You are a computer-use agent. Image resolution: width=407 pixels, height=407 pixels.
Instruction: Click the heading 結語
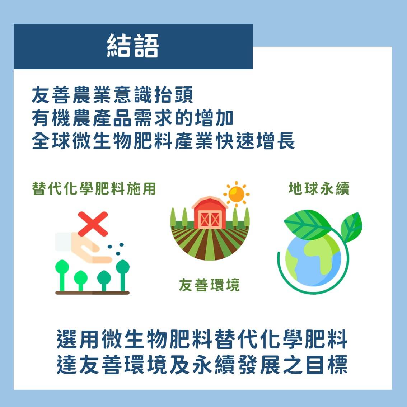[x=133, y=47]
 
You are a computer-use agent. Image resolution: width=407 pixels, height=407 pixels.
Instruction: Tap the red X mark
[x=93, y=224]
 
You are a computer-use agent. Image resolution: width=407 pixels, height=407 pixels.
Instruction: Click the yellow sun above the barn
[x=236, y=195]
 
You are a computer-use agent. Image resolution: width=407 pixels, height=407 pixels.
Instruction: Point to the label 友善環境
[x=209, y=285]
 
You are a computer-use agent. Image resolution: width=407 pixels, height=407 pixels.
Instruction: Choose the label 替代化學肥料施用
[x=94, y=188]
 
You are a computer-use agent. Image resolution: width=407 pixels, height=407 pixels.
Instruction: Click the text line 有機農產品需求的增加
[x=132, y=118]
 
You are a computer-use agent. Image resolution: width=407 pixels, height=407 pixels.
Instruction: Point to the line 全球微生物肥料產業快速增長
[x=163, y=141]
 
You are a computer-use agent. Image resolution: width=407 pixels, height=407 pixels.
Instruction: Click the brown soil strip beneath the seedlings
[x=92, y=293]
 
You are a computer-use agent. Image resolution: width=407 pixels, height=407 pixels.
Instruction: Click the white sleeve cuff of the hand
[x=63, y=241]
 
